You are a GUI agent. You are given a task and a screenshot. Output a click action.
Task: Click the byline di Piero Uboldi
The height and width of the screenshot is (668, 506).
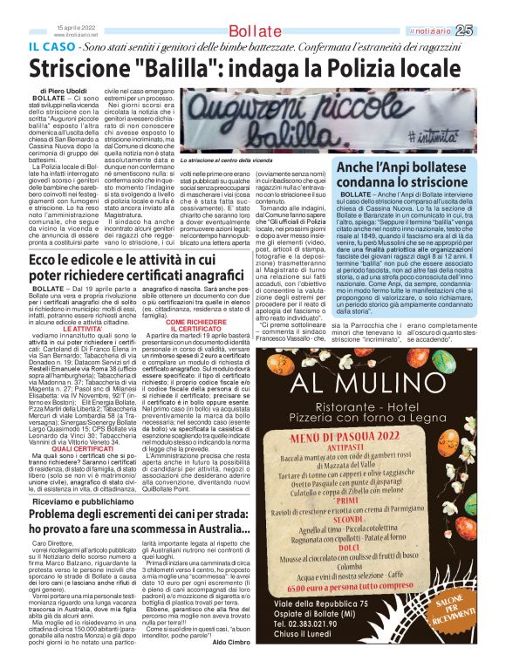[65, 91]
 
